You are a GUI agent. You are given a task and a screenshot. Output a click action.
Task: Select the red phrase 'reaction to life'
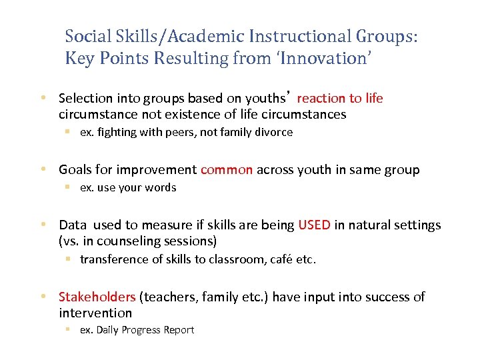pos(340,99)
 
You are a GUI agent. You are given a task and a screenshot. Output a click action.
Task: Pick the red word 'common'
pos(227,170)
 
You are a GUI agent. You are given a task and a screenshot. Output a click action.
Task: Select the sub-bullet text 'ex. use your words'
pos(128,187)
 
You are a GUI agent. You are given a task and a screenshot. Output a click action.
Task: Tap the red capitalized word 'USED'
pos(314,225)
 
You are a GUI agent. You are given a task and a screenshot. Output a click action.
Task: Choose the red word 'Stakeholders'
pos(97,297)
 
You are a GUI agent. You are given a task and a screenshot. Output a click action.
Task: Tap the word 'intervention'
pos(95,313)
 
